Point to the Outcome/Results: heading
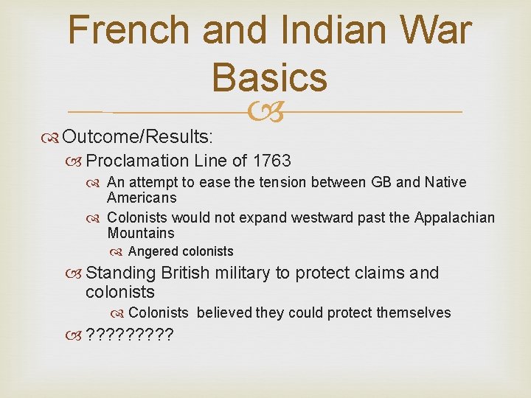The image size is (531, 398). click(138, 136)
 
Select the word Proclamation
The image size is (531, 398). click(138, 161)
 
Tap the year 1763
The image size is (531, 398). click(271, 161)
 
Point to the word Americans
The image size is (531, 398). click(142, 198)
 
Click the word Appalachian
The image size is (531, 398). click(454, 217)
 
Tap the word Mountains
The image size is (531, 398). click(140, 234)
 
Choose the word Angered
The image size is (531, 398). click(153, 251)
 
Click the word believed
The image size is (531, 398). click(224, 313)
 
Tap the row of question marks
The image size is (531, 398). click(130, 336)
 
